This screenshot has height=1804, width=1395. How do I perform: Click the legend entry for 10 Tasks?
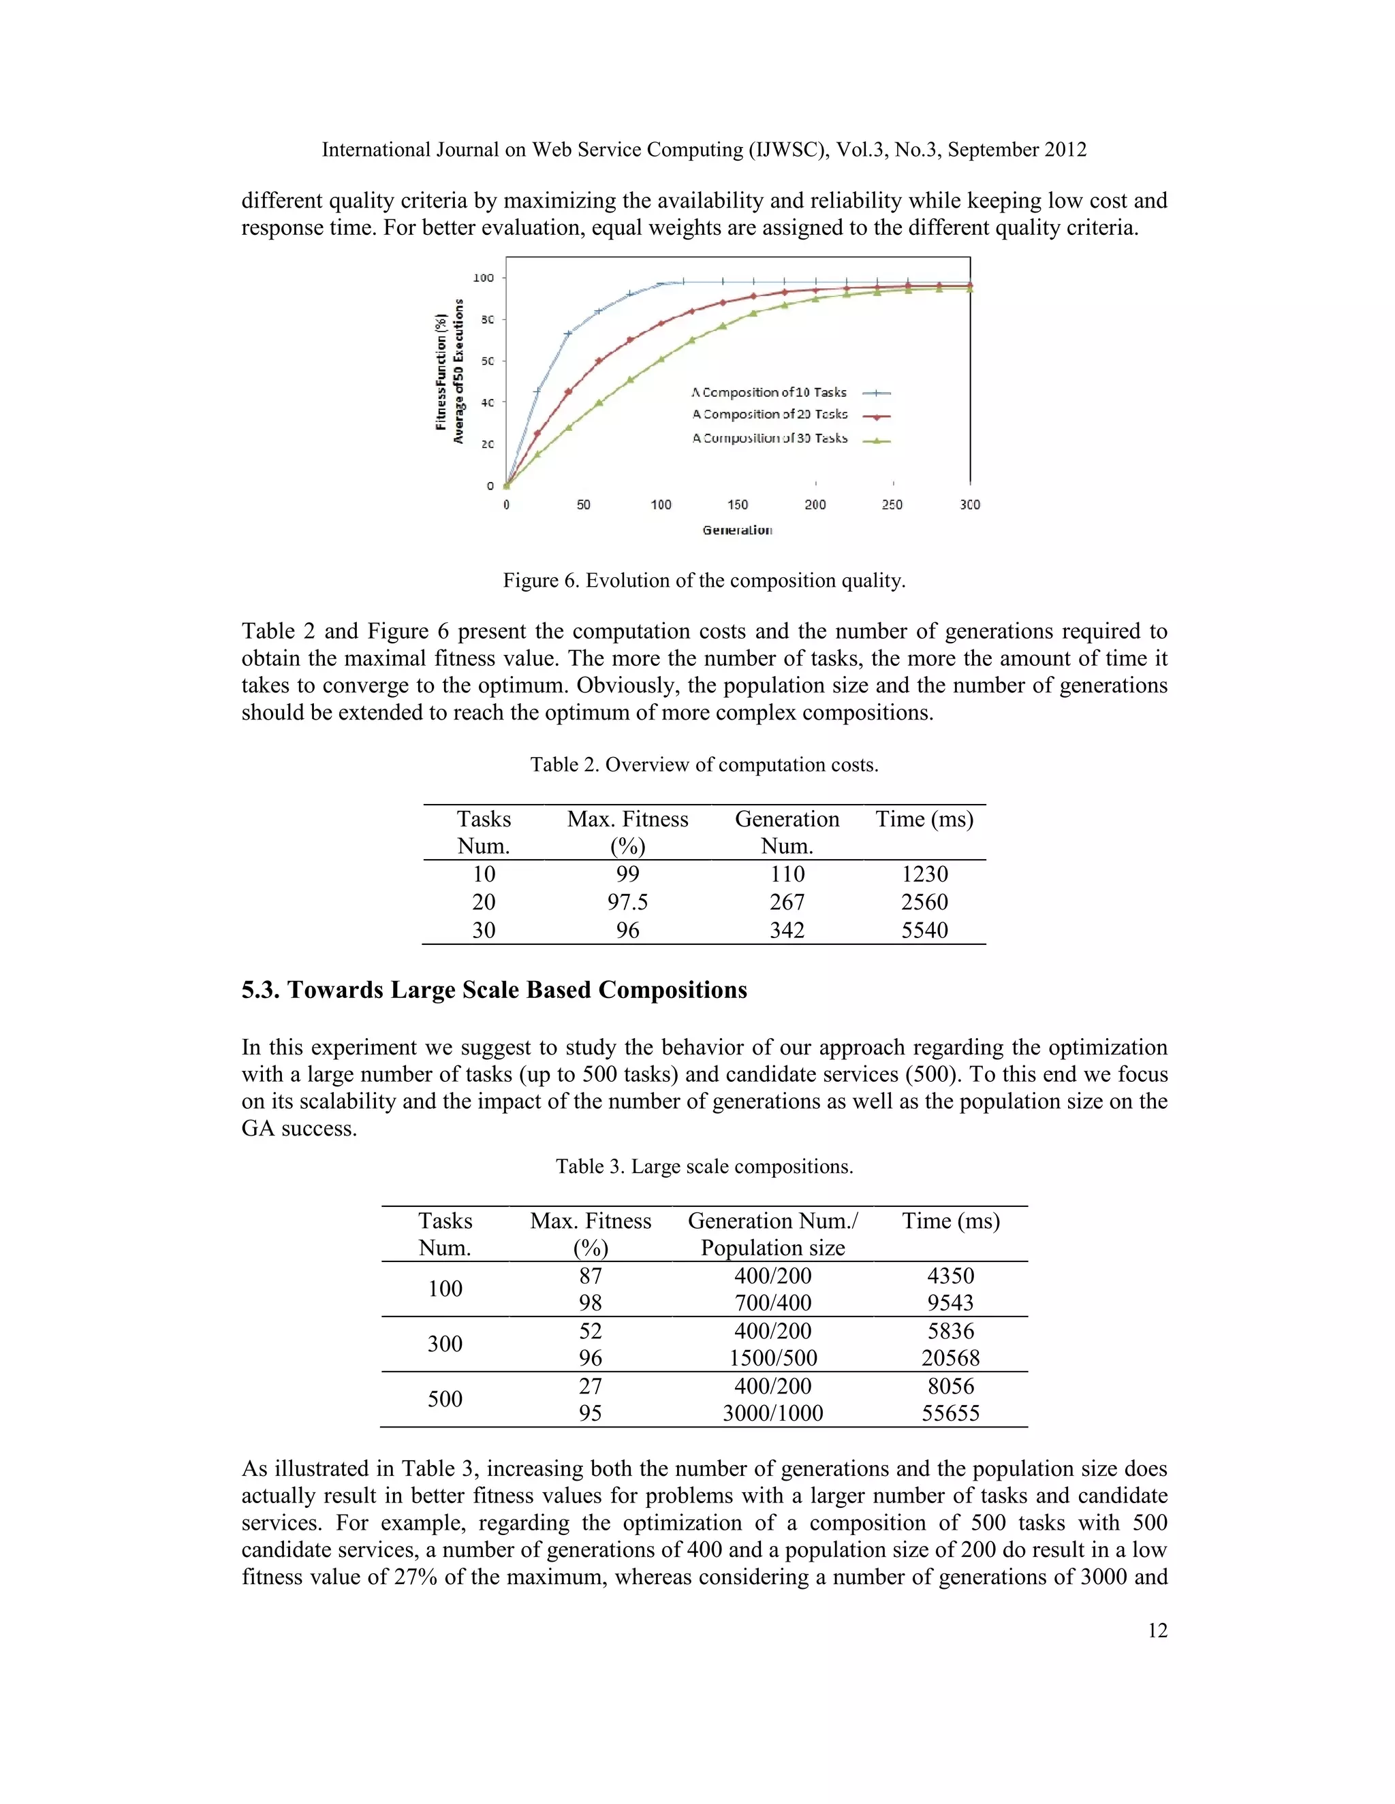[768, 392]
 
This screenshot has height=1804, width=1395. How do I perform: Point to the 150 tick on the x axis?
[737, 504]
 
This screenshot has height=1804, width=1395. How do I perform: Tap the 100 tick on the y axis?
[484, 278]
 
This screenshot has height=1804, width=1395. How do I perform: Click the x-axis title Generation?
[737, 530]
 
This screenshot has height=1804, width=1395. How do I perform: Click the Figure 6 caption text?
[704, 581]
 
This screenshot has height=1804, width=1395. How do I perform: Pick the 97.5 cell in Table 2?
[627, 902]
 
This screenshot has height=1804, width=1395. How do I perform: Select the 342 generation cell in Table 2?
[787, 930]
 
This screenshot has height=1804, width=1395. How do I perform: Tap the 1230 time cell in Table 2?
[924, 874]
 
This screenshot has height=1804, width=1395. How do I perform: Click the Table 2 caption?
[704, 765]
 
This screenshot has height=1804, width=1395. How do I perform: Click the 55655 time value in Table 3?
[950, 1413]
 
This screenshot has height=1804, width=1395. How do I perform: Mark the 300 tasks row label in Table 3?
[445, 1344]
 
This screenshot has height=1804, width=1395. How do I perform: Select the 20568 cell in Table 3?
[950, 1358]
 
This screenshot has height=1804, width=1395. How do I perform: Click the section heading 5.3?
[495, 990]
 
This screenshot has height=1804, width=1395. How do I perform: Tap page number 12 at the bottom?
[1157, 1630]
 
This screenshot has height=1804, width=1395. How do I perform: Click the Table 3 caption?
[704, 1166]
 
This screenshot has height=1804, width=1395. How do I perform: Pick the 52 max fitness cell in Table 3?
[590, 1331]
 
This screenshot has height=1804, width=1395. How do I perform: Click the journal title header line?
[704, 150]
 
